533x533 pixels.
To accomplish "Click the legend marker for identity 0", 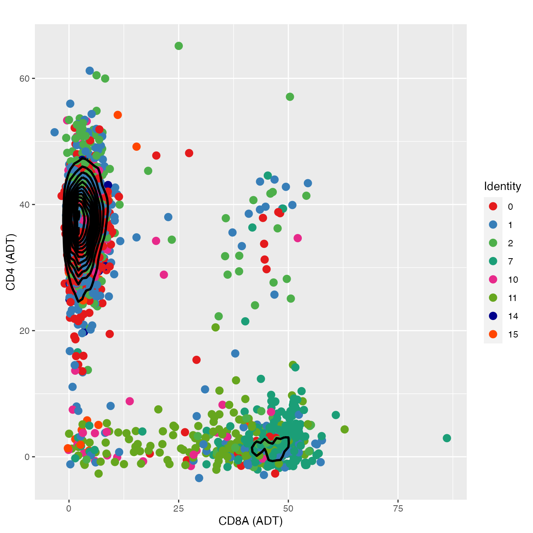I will coord(493,206).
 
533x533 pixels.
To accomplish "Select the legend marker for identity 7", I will coord(493,261).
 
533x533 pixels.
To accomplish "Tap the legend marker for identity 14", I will coord(493,316).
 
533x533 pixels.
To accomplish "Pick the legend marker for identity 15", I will coord(493,334).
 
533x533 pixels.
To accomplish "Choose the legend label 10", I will coord(513,280).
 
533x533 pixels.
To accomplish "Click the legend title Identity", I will coord(502,186).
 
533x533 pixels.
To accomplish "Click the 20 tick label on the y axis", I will coord(24,331).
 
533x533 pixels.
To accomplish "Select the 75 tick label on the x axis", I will coord(398,509).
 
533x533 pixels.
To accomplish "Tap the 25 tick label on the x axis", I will coord(178,509).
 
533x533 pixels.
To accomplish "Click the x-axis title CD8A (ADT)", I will coord(251,521).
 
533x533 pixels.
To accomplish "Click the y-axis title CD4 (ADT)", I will coord(11,262).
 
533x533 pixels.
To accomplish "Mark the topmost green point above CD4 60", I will coord(178,46).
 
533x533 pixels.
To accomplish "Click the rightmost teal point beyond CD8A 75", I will coord(447,438).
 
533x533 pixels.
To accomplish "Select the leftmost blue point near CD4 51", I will coord(55,132).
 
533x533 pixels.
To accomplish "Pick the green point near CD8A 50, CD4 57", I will coord(290,97).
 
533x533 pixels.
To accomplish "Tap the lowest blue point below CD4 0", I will coord(199,478).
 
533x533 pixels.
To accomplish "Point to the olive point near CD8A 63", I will coord(345,429).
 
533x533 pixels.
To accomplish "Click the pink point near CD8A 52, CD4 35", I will coord(297,238).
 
